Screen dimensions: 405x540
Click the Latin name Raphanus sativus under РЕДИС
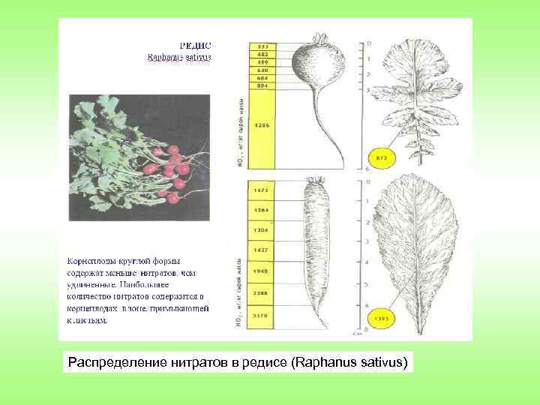[x=180, y=56]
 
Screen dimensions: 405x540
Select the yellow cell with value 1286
[x=263, y=124]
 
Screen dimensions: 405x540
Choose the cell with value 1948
[x=263, y=271]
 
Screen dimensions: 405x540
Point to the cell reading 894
[x=263, y=86]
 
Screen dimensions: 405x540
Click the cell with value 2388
[x=263, y=293]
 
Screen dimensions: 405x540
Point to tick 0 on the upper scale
[x=367, y=42]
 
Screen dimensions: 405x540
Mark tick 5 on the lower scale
[x=367, y=285]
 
